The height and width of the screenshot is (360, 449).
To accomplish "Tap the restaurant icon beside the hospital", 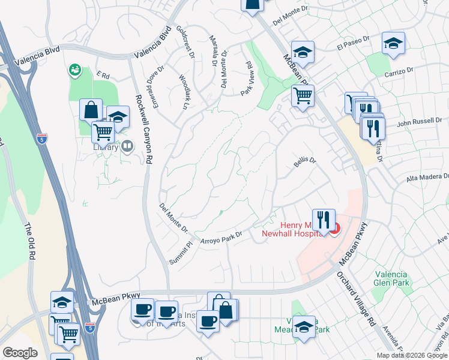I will click(x=324, y=220).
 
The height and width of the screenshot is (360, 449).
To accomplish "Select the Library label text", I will click(x=106, y=146).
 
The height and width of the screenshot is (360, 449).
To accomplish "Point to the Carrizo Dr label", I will click(x=398, y=73).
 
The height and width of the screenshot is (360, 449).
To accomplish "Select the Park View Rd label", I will click(x=246, y=78).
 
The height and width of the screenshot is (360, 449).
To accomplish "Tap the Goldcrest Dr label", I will click(x=185, y=41).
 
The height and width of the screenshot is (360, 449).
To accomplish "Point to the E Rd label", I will click(x=103, y=76).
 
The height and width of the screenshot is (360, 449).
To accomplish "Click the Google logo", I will click(x=20, y=353).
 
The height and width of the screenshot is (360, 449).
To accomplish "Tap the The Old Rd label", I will click(x=29, y=241).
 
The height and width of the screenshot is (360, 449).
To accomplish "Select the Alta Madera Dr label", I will click(x=428, y=177).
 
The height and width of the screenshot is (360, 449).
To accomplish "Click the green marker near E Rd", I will click(x=75, y=70).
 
